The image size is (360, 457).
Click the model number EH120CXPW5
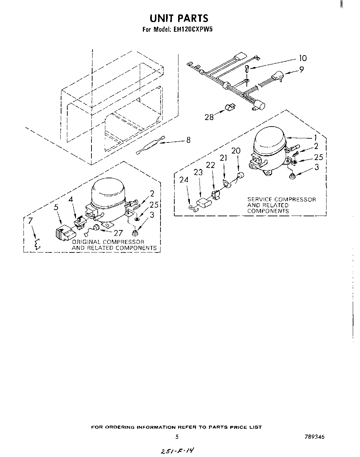(195, 30)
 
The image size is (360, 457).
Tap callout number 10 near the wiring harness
(302, 58)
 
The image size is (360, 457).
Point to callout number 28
(209, 117)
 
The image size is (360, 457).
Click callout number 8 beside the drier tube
(188, 140)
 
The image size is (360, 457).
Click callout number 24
(184, 180)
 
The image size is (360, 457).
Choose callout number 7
(30, 221)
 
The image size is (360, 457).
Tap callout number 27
(118, 233)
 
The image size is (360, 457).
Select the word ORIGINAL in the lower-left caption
(87, 242)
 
